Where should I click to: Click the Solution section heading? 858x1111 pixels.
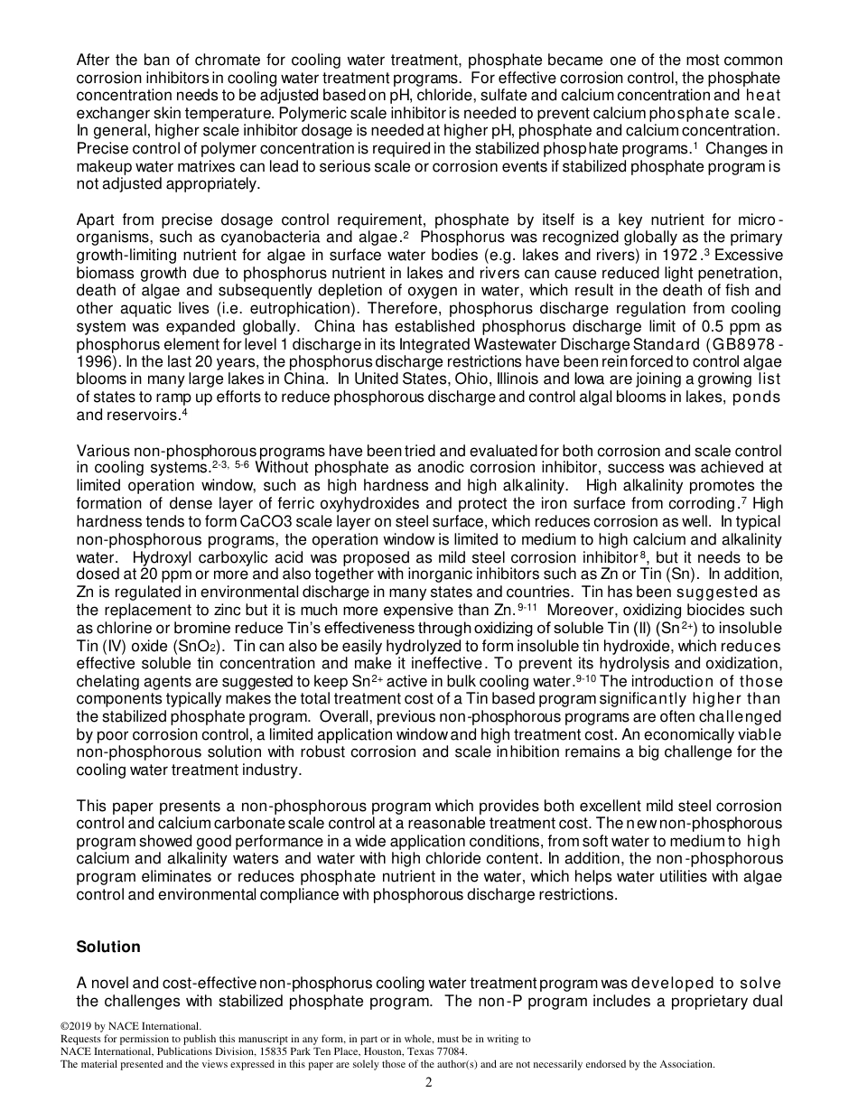click(x=108, y=947)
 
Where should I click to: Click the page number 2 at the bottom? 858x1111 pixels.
click(x=429, y=1083)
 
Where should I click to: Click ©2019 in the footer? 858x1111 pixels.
click(x=77, y=1026)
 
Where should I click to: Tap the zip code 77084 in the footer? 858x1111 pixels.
click(x=450, y=1051)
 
